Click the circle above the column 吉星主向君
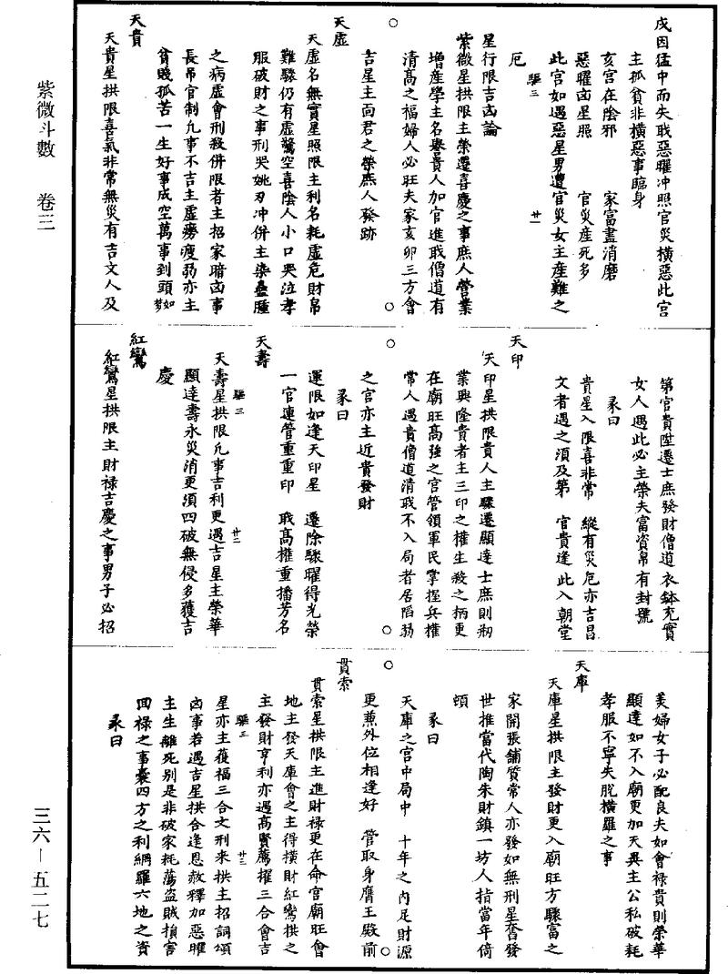pos(393,21)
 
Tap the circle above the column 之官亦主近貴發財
pos(393,343)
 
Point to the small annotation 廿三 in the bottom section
pos(240,856)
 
